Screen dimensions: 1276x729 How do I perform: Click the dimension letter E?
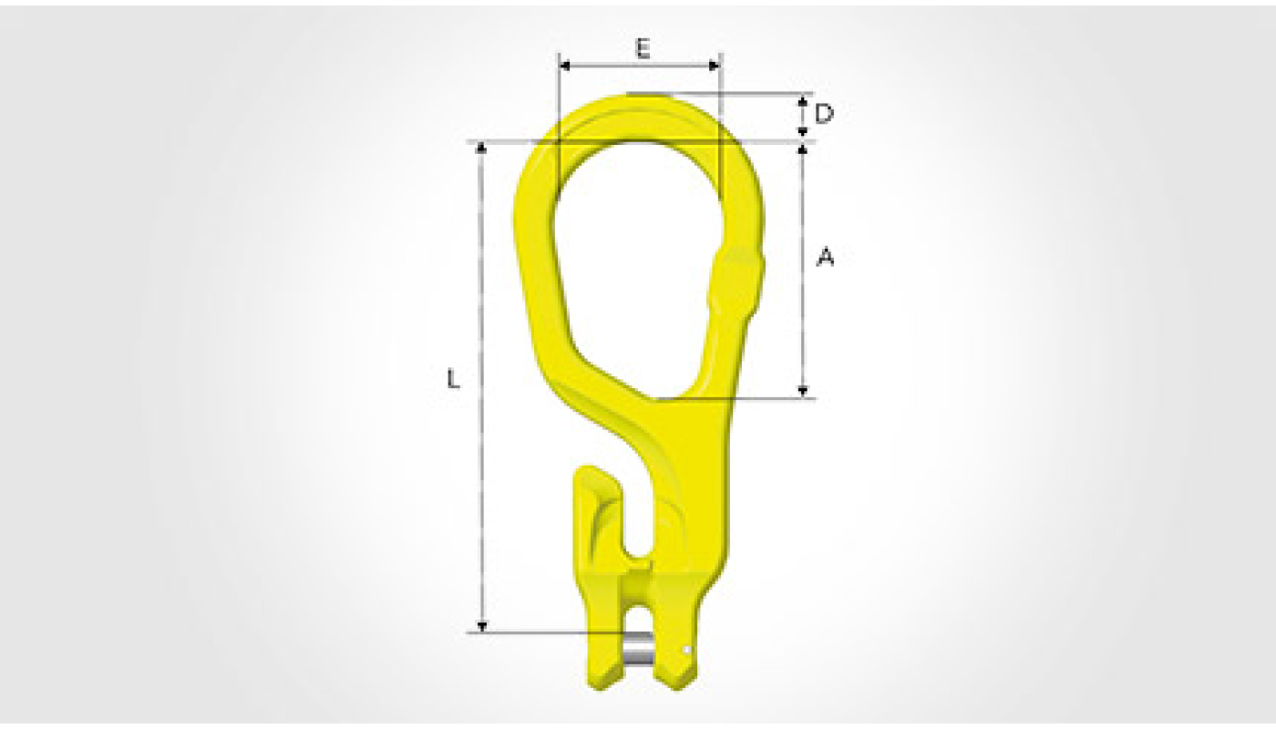point(643,49)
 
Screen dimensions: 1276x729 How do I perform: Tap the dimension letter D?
point(824,115)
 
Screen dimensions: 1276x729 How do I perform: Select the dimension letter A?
point(826,257)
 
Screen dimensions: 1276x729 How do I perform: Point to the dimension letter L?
point(453,379)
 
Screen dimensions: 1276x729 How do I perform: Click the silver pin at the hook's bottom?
point(639,652)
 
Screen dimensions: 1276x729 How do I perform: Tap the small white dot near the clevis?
point(687,650)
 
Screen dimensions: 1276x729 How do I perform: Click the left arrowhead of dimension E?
point(565,66)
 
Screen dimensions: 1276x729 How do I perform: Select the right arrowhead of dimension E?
point(713,66)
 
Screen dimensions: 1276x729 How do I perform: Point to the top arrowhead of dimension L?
point(482,149)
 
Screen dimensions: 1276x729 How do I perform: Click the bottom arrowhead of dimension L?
point(482,626)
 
